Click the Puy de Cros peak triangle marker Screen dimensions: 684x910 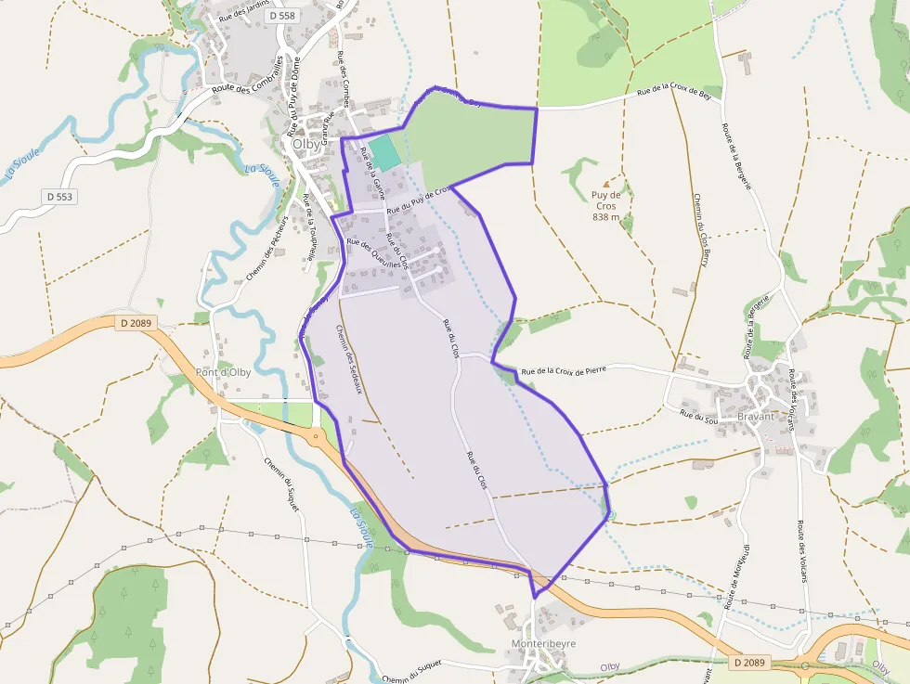pyautogui.click(x=607, y=185)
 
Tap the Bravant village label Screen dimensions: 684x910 pyautogui.click(x=755, y=417)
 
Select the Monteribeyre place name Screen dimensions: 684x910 pyautogui.click(x=544, y=643)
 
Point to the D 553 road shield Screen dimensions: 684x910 pyautogui.click(x=58, y=197)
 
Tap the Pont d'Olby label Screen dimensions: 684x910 pyautogui.click(x=223, y=372)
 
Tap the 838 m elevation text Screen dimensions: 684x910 pyautogui.click(x=606, y=217)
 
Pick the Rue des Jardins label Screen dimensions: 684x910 pyautogui.click(x=244, y=11)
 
